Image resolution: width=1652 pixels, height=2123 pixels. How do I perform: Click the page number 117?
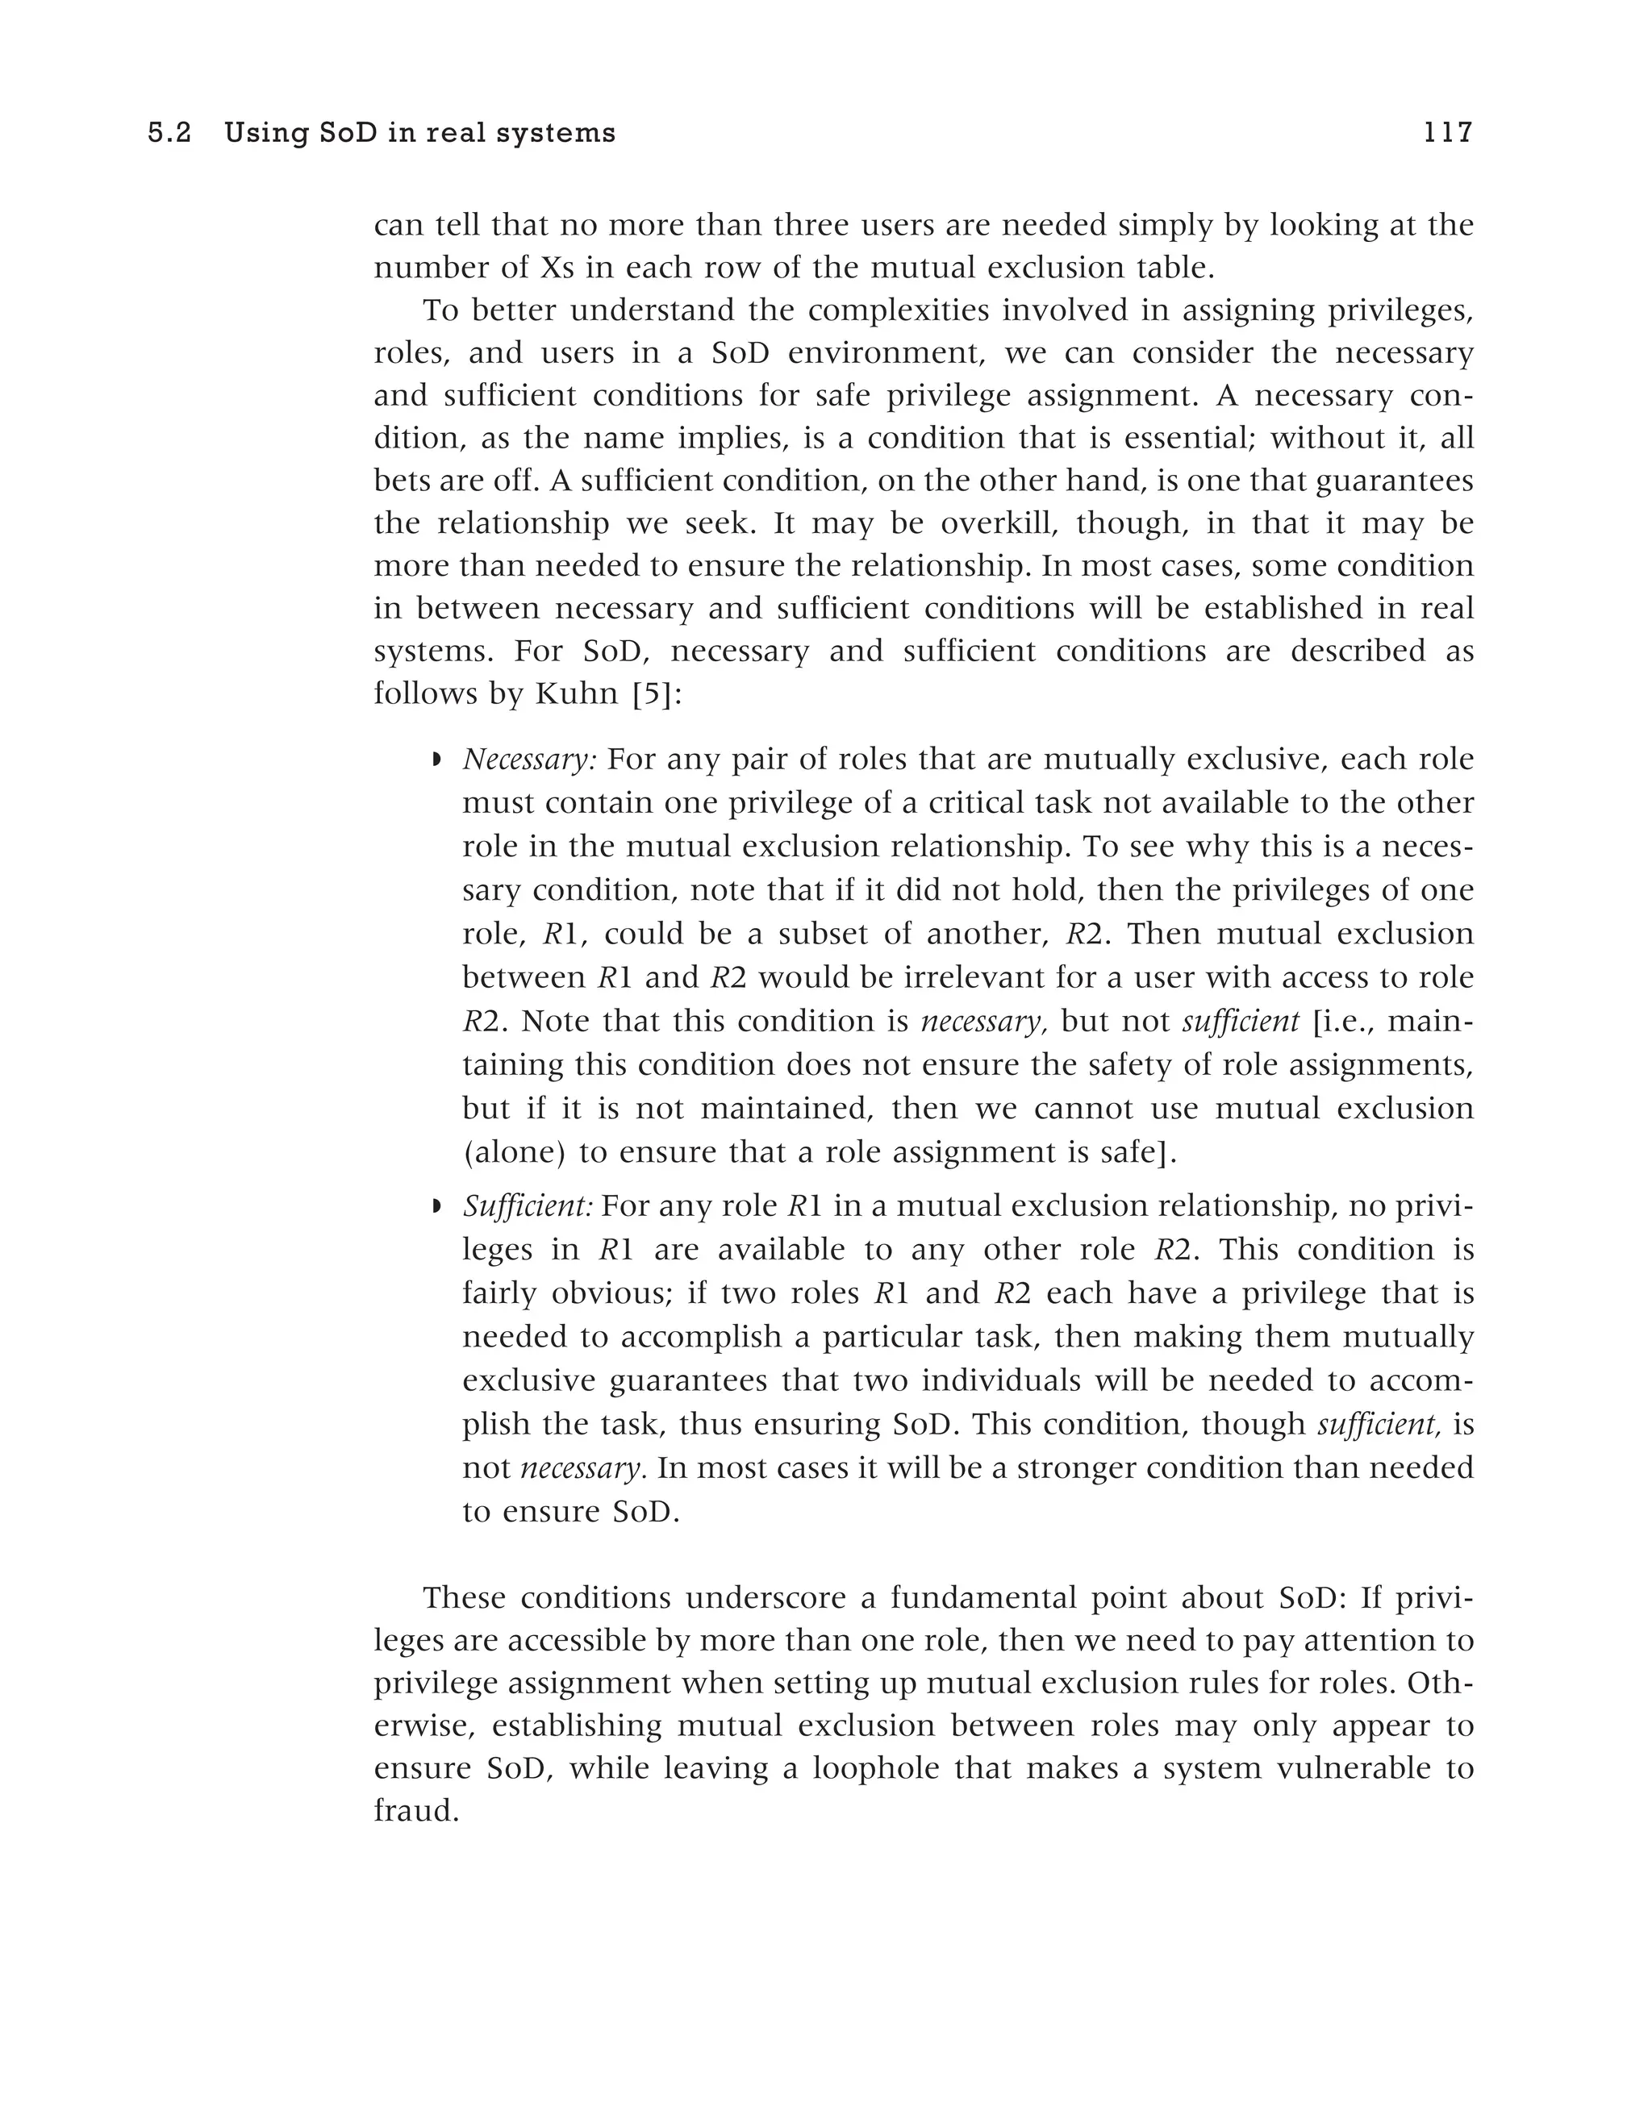(x=1447, y=132)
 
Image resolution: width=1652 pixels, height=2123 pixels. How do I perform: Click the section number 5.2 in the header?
(x=169, y=133)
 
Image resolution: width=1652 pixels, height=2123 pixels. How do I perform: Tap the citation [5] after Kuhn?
(x=653, y=694)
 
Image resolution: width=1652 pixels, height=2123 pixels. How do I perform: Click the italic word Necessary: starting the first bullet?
(x=530, y=760)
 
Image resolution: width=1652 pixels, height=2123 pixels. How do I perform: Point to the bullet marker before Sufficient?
(x=436, y=1206)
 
